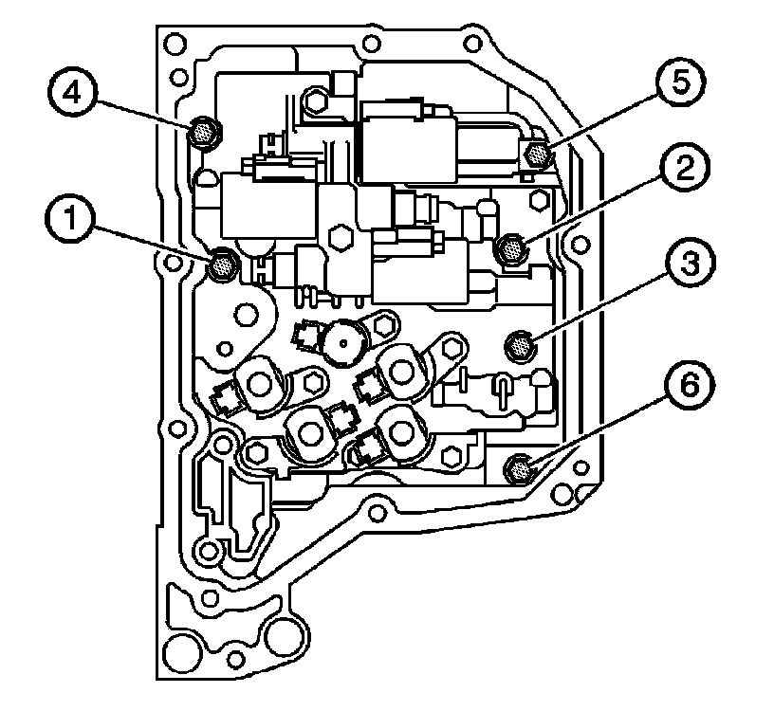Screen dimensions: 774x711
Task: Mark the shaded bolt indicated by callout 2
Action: pyautogui.click(x=510, y=249)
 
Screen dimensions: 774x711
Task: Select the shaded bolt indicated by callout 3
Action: pyautogui.click(x=521, y=346)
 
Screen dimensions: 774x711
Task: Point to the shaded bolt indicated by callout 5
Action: pyautogui.click(x=537, y=153)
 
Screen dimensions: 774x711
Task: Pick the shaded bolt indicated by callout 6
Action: pyautogui.click(x=519, y=466)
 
